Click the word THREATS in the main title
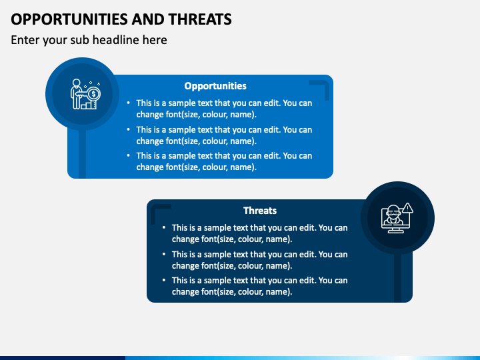200,19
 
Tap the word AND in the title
148,19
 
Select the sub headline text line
89,40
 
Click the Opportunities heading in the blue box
215,86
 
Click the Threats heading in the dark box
260,211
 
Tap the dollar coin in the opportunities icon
94,94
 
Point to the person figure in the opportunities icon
76,93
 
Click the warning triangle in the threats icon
407,208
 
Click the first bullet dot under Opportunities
128,103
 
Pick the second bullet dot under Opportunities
128,129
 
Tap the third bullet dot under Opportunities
128,155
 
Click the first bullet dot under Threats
164,227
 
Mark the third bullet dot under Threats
164,280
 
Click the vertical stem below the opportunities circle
83,154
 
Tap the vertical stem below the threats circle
397,278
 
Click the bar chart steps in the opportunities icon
89,105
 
